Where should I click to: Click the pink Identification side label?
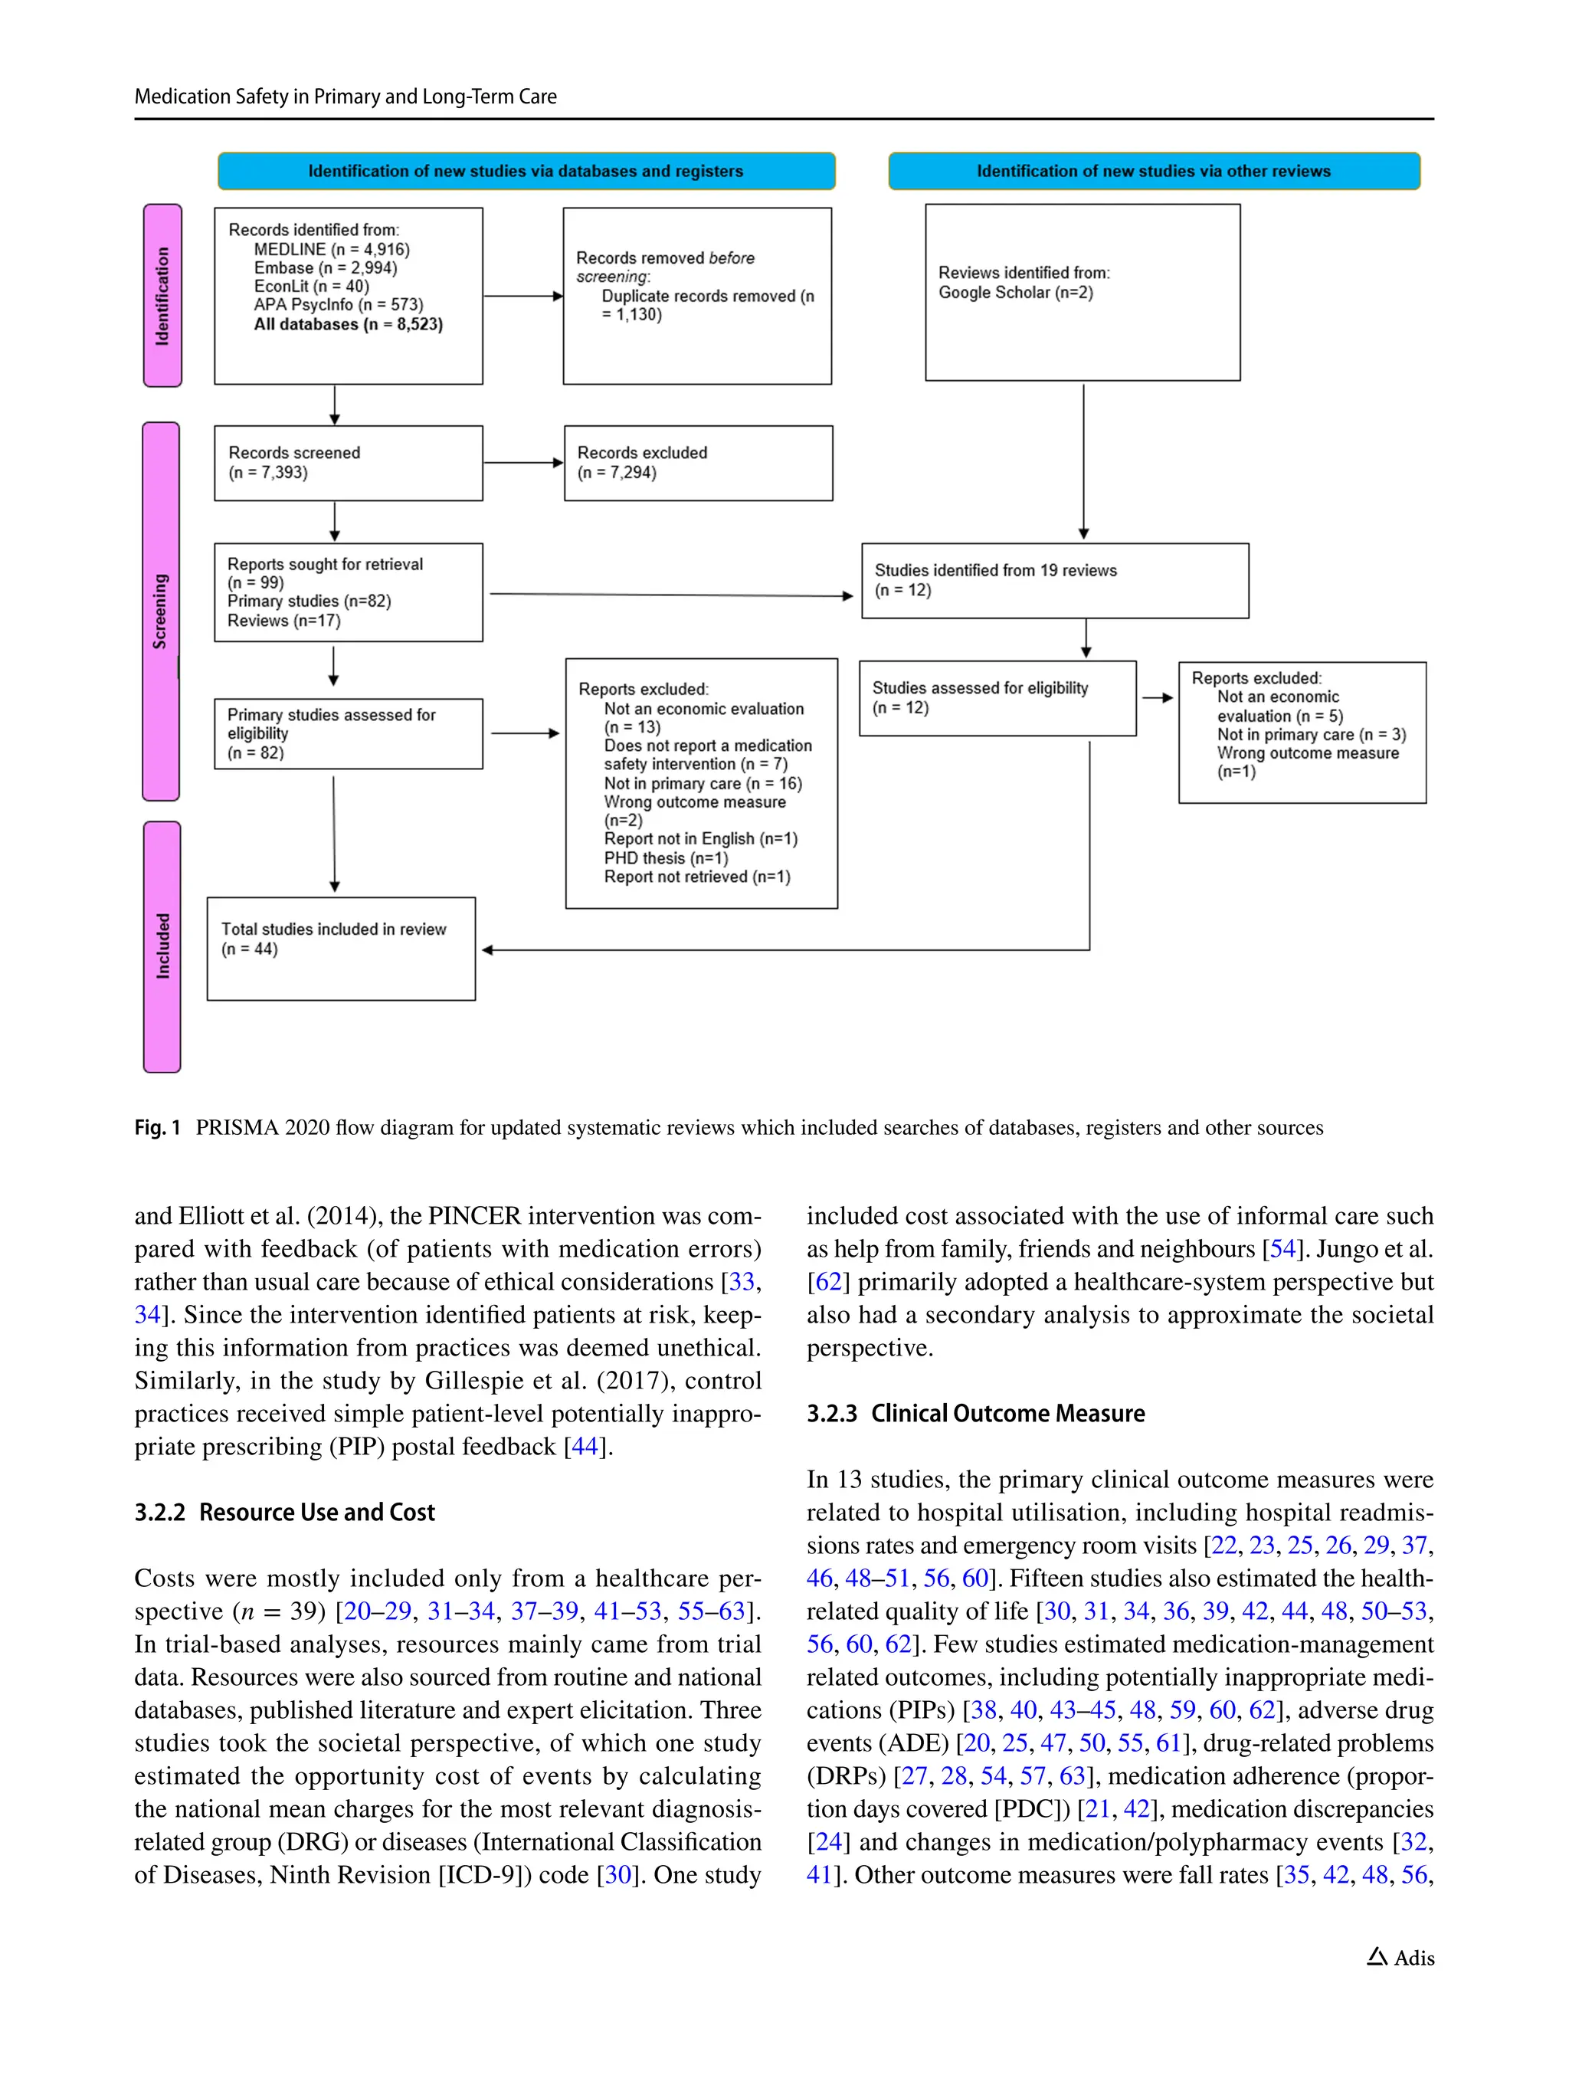click(x=162, y=295)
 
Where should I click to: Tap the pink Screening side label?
click(x=160, y=611)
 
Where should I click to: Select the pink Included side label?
click(x=162, y=946)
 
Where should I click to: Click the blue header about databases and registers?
click(x=526, y=171)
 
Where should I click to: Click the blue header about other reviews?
click(x=1154, y=171)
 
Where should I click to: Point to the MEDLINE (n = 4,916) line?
click(x=332, y=249)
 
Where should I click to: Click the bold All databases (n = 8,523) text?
click(x=348, y=323)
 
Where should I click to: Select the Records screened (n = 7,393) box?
click(x=348, y=463)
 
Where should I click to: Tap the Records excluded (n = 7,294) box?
click(x=697, y=463)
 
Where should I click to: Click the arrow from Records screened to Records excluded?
click(x=523, y=463)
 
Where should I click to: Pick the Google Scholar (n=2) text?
click(x=1015, y=292)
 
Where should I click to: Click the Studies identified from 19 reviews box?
click(x=1054, y=580)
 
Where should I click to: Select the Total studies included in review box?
click(x=340, y=947)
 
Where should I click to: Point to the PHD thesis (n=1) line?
click(x=665, y=857)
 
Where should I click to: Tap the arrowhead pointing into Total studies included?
click(x=487, y=950)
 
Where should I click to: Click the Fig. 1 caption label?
click(x=157, y=1127)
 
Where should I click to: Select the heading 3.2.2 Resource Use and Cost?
click(x=284, y=1512)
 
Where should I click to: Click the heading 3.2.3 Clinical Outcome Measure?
click(x=975, y=1413)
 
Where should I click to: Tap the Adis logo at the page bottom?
click(x=1400, y=1958)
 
